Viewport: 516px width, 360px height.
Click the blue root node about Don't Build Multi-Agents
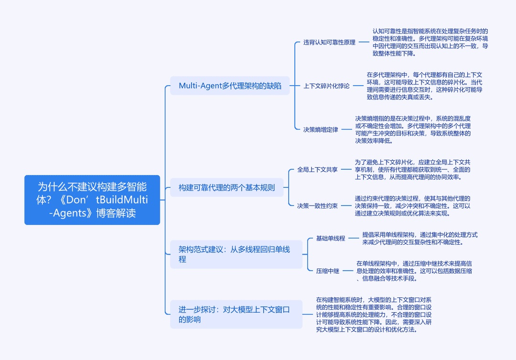pyautogui.click(x=92, y=200)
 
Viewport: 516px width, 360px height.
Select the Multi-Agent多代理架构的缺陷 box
pyautogui.click(x=230, y=86)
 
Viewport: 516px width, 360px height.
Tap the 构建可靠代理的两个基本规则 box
pyautogui.click(x=227, y=187)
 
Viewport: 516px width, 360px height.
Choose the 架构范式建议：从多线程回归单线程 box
pyautogui.click(x=236, y=254)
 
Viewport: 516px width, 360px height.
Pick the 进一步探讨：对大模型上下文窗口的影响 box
pyautogui.click(x=236, y=314)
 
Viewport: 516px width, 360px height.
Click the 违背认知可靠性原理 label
pyautogui.click(x=329, y=42)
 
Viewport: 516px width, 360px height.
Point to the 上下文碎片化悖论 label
pyautogui.click(x=326, y=86)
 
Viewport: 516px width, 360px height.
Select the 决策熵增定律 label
pyautogui.click(x=321, y=130)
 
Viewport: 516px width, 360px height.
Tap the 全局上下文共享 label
pyautogui.click(x=317, y=169)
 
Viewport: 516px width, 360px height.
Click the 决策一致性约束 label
pyautogui.click(x=317, y=206)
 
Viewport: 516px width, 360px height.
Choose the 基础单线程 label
pyautogui.click(x=331, y=238)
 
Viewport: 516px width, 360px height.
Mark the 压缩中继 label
pyautogui.click(x=327, y=271)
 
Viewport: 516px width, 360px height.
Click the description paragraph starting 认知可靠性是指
pyautogui.click(x=430, y=42)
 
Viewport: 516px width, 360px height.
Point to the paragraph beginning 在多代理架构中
pyautogui.click(x=425, y=86)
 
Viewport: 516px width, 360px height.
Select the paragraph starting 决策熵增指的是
pyautogui.click(x=413, y=130)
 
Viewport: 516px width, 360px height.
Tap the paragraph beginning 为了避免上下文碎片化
pyautogui.click(x=412, y=169)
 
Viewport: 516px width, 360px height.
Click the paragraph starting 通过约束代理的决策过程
pyautogui.click(x=412, y=206)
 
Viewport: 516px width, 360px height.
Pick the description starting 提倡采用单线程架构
pyautogui.click(x=420, y=238)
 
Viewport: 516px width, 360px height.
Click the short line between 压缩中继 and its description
pyautogui.click(x=347, y=271)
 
